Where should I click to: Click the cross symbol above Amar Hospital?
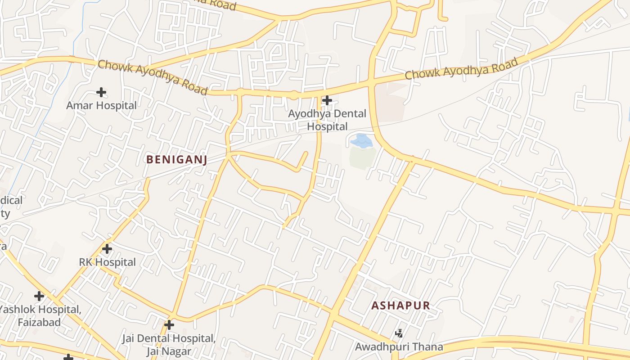tap(101, 92)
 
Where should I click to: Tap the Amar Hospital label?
tap(101, 106)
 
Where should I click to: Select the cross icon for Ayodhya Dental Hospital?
tap(327, 100)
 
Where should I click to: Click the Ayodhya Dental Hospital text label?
tap(327, 120)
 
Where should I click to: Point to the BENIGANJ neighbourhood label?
tap(176, 159)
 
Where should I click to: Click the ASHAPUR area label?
tap(400, 306)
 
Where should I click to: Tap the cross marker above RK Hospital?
tap(107, 248)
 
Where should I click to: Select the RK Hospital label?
tap(107, 262)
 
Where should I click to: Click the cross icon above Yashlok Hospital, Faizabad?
tap(39, 296)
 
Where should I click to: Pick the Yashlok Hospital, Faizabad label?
tap(40, 316)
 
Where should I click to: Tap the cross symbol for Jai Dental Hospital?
tap(169, 324)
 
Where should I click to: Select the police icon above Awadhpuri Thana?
tap(399, 333)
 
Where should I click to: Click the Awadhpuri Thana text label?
tap(399, 347)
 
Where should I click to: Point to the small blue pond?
tap(361, 141)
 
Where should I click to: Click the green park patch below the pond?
tap(362, 157)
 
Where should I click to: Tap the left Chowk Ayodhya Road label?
tap(153, 77)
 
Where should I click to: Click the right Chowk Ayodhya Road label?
tap(461, 69)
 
